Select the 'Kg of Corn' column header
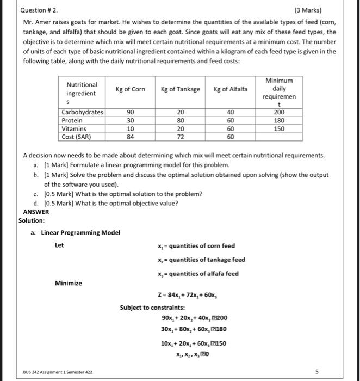pyautogui.click(x=130, y=89)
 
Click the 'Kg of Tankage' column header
pyautogui.click(x=181, y=89)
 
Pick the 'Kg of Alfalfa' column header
pyautogui.click(x=230, y=89)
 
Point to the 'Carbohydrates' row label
pyautogui.click(x=82, y=112)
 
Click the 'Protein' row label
pyautogui.click(x=72, y=120)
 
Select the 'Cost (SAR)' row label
pyautogui.click(x=76, y=137)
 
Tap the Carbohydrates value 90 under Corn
pyautogui.click(x=130, y=112)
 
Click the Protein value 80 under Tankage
pyautogui.click(x=181, y=120)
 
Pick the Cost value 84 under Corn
pyautogui.click(x=130, y=137)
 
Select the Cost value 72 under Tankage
pyautogui.click(x=181, y=137)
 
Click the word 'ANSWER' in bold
pyautogui.click(x=36, y=212)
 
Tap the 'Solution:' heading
pyautogui.click(x=32, y=220)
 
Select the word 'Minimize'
pyautogui.click(x=69, y=283)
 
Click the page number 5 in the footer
pyautogui.click(x=331, y=372)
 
